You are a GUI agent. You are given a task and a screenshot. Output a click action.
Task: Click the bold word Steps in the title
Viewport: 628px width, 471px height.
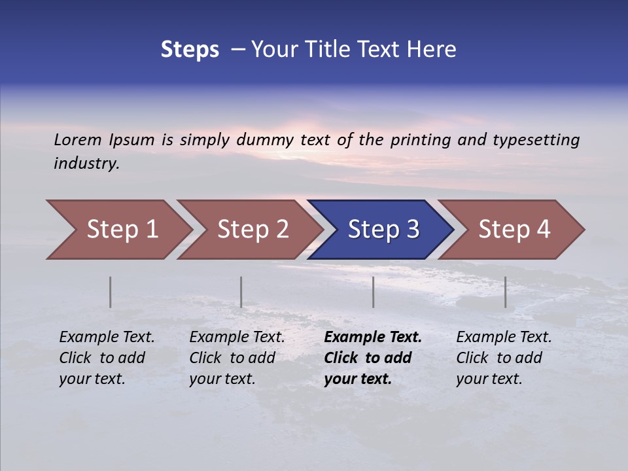190,50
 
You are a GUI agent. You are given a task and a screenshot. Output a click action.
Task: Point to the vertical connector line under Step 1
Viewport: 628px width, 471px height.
111,292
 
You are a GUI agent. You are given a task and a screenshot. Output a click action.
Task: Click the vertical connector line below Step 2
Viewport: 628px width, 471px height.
241,292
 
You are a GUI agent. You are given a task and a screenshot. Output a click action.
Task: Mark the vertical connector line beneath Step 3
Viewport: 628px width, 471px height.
374,292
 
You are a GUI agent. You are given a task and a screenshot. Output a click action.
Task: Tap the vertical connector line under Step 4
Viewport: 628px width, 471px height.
506,292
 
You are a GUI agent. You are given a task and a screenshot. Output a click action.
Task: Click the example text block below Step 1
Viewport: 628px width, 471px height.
107,358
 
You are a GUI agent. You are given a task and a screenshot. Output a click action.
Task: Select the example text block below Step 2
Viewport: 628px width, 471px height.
237,358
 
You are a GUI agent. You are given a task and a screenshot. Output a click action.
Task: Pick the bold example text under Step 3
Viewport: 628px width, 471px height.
373,358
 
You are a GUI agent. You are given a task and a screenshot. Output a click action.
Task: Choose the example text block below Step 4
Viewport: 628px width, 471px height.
504,358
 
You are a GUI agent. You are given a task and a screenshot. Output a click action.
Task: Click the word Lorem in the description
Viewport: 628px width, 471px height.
78,139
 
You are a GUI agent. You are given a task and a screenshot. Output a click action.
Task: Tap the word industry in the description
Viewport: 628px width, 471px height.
86,164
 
